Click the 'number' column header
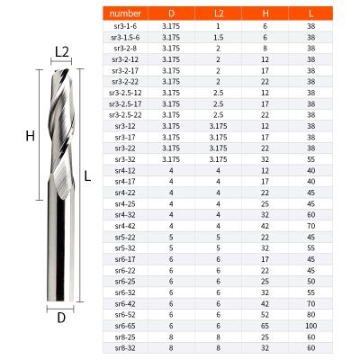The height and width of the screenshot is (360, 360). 125,15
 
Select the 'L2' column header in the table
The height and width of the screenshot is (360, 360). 219,15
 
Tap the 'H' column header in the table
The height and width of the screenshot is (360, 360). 265,15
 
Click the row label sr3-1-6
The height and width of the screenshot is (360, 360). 125,27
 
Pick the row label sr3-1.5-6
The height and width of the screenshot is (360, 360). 125,38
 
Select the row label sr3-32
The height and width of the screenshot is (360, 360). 125,157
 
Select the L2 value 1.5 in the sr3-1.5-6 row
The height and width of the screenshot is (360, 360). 219,38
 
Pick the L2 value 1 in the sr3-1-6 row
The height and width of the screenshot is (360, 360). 219,27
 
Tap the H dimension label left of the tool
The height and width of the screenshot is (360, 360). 29,136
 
